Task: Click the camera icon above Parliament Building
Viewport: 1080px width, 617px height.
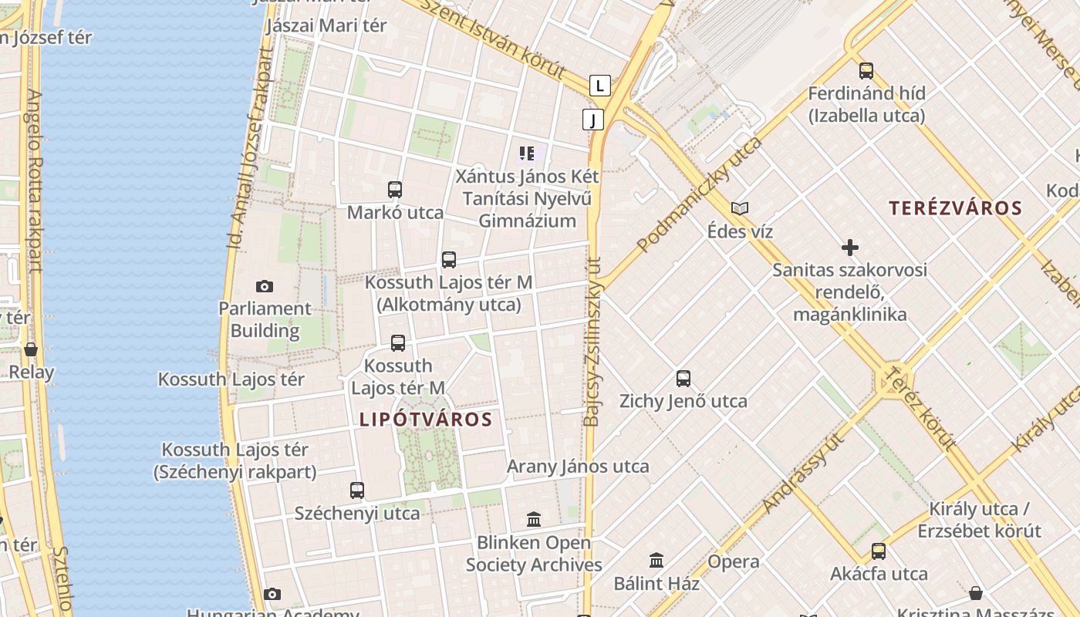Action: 265,287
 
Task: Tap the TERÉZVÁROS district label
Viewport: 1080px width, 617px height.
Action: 955,208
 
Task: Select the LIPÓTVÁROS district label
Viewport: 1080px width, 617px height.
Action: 425,420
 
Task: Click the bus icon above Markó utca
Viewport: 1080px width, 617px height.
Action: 395,190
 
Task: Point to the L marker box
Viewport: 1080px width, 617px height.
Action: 600,86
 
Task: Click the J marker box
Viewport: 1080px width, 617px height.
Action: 592,120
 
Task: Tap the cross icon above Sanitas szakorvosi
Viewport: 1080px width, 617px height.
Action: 849,248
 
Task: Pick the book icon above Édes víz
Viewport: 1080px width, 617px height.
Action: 740,208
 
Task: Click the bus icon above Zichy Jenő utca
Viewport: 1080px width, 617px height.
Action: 683,379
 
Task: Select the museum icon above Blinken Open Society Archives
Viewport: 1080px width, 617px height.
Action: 534,520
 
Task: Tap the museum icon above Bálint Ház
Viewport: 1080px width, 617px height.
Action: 656,561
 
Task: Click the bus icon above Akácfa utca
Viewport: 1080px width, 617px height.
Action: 879,551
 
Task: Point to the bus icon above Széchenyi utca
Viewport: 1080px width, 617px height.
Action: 357,491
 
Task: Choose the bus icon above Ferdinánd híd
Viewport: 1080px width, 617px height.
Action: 866,71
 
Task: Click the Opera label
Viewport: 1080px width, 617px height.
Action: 734,561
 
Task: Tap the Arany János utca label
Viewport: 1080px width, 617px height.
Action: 578,467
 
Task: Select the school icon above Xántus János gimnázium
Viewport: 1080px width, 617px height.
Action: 527,153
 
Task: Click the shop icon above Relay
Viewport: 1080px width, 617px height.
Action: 31,350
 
